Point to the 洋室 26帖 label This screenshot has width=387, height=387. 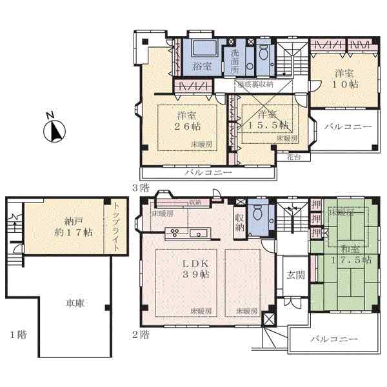click(x=186, y=121)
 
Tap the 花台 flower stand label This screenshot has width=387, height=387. click(x=293, y=155)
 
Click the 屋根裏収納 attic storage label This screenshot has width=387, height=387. click(x=255, y=84)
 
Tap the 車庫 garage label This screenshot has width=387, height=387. click(x=75, y=304)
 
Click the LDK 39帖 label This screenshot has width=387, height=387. click(x=195, y=268)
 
